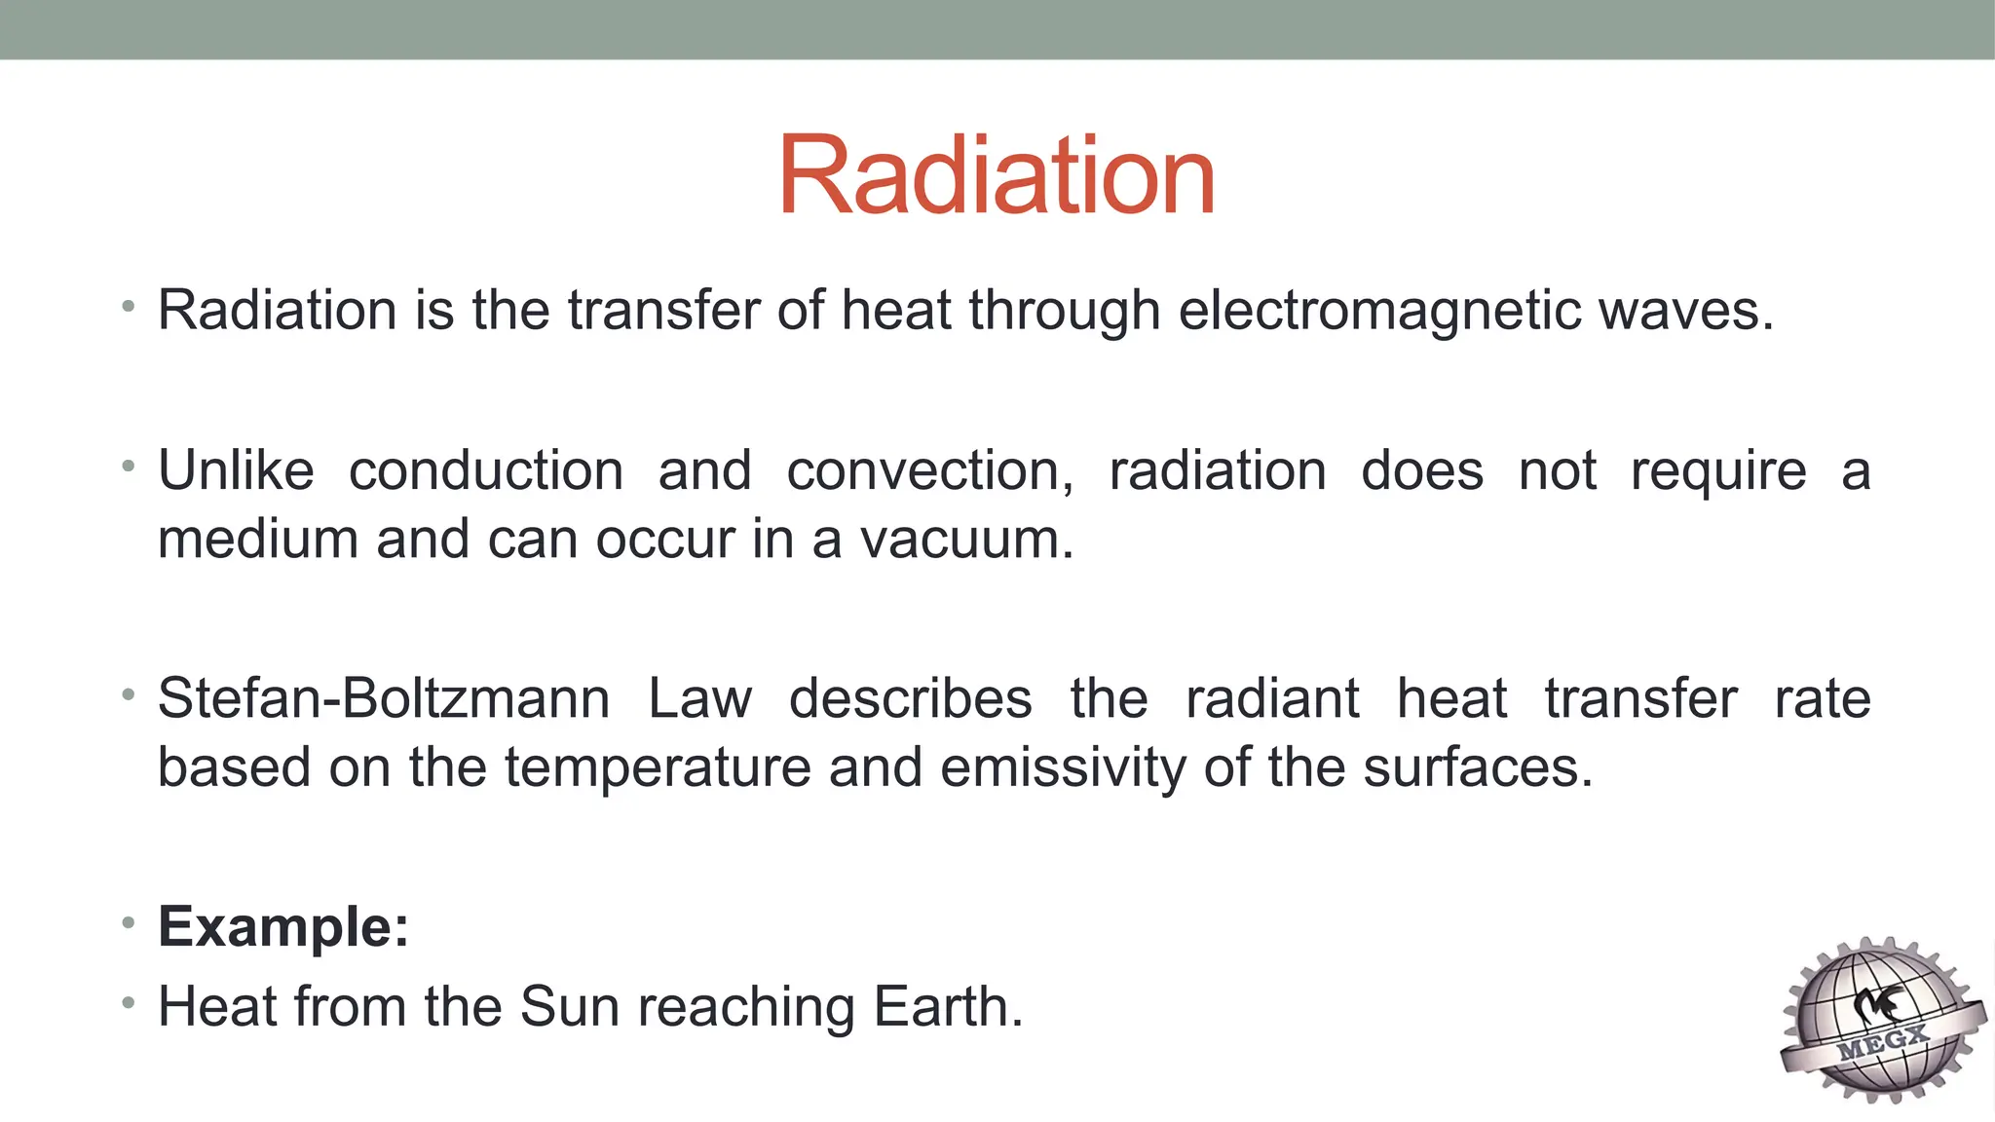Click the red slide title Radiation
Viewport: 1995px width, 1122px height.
996,175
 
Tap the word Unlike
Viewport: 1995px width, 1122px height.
236,471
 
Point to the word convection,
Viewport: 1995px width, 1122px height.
929,471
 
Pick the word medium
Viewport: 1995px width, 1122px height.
258,540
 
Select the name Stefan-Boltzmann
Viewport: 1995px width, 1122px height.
384,699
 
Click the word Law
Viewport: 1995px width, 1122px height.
699,699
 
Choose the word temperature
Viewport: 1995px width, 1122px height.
658,768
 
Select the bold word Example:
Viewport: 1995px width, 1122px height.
283,926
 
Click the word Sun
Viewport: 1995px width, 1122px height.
570,1007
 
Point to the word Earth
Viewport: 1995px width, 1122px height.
948,1007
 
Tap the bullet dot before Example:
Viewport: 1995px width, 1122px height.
128,922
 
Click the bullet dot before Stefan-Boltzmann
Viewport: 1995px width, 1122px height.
128,694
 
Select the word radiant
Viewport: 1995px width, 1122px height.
1271,699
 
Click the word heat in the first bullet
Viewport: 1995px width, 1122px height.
896,312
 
